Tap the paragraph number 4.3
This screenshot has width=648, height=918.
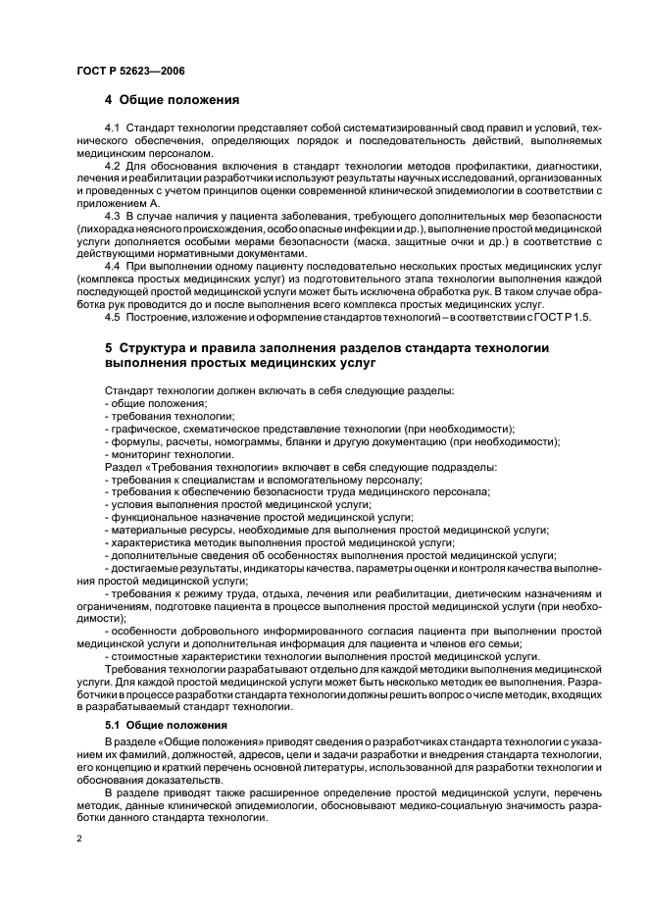click(111, 215)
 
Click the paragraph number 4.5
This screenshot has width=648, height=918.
click(111, 316)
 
